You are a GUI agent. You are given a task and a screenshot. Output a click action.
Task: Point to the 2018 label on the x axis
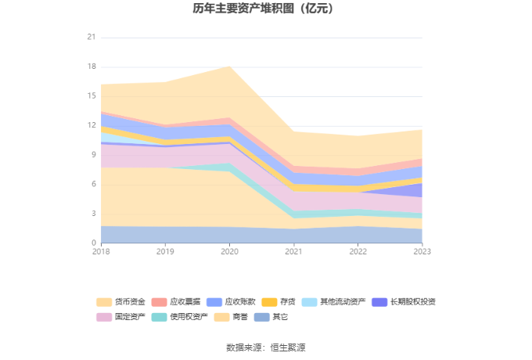(x=101, y=251)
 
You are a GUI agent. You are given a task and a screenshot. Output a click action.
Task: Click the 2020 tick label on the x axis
(x=229, y=251)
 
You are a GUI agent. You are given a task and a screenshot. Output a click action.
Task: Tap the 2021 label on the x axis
(x=293, y=251)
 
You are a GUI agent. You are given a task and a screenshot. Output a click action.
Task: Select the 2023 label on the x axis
(x=422, y=251)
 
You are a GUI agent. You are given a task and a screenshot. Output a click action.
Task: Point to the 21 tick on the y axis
(x=91, y=38)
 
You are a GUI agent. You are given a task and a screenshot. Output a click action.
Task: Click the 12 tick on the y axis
(x=91, y=125)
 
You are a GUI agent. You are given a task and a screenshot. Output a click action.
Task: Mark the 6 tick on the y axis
(x=93, y=184)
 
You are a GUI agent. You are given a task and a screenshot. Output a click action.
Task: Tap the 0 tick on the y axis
(x=93, y=243)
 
